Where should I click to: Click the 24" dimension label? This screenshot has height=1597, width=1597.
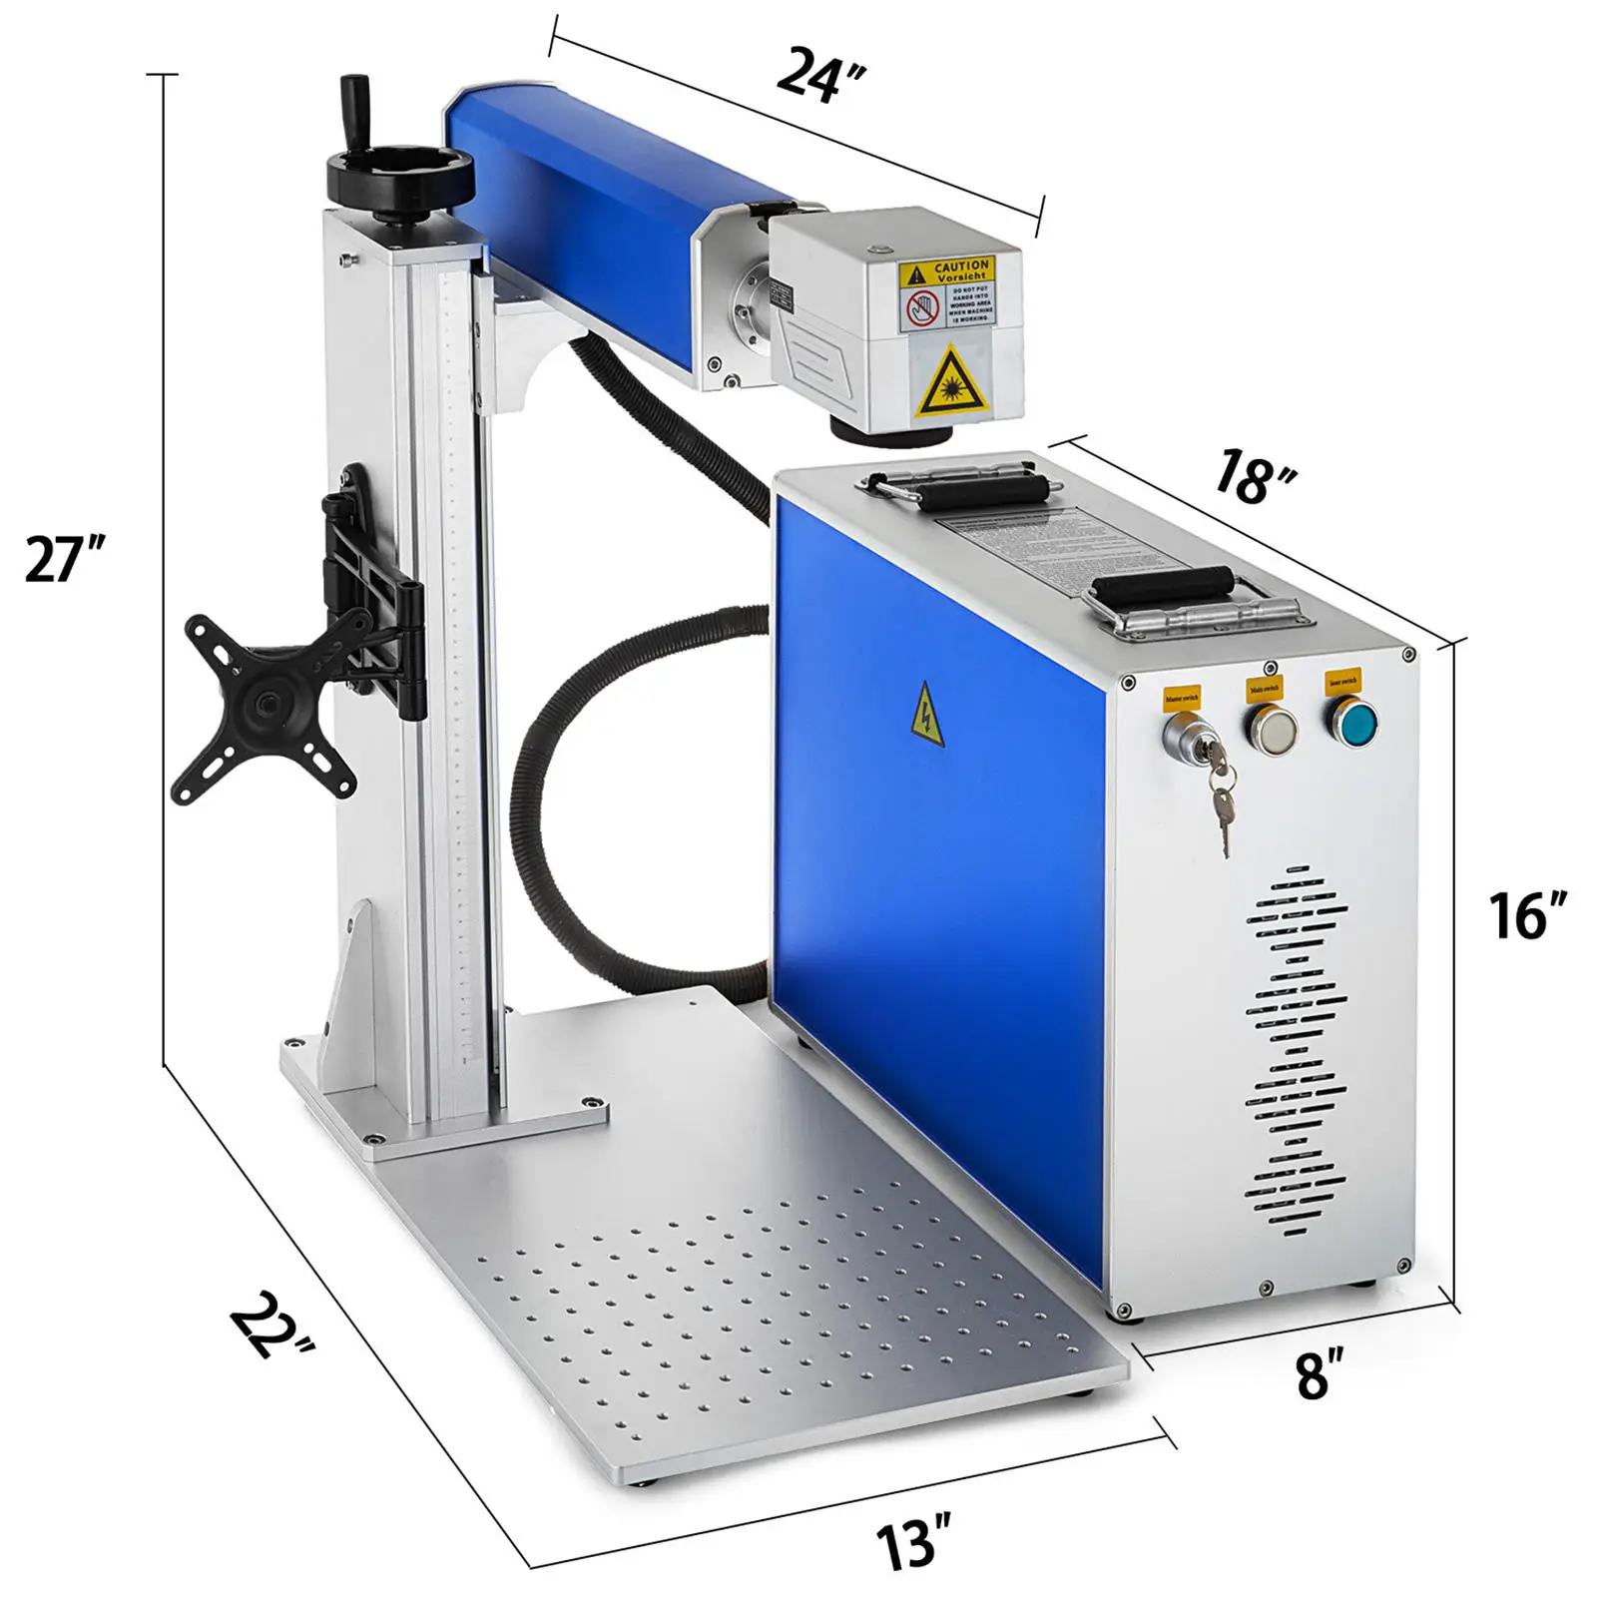coord(820,73)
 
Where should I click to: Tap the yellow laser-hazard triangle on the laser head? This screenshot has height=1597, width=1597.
coord(952,386)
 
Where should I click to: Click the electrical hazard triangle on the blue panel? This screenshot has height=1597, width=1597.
coord(927,715)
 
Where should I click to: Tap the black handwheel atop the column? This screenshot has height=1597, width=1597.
coord(400,178)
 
